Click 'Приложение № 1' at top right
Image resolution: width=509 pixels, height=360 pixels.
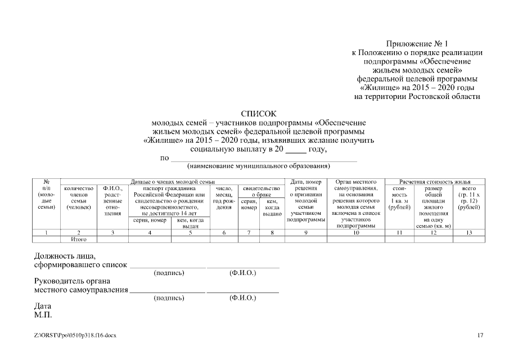coord(417,43)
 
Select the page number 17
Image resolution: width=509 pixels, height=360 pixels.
coord(480,335)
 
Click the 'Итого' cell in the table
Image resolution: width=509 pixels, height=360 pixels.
coord(78,239)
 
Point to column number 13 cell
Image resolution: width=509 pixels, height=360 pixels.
coord(469,232)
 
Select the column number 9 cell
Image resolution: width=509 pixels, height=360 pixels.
coord(306,232)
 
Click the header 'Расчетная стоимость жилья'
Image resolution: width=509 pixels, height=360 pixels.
coord(434,182)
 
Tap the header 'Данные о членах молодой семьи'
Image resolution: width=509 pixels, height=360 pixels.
coord(172,182)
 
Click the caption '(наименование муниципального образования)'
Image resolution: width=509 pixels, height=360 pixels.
coord(258,166)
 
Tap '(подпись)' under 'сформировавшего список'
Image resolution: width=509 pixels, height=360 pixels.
coord(169,273)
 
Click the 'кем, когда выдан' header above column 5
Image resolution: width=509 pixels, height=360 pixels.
coord(190,223)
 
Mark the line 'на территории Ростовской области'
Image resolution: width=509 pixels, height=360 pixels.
coord(417,97)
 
